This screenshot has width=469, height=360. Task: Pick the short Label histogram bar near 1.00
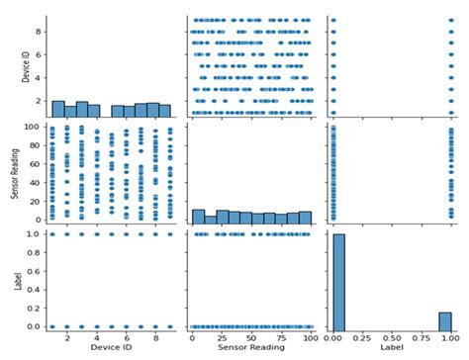tap(444, 320)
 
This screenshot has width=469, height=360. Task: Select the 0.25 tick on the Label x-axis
tap(360, 337)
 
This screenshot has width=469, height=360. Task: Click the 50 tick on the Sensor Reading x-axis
tap(250, 337)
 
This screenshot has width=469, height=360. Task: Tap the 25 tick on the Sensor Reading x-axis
tap(224, 337)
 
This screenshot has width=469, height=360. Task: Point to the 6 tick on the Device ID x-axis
tap(126, 337)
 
